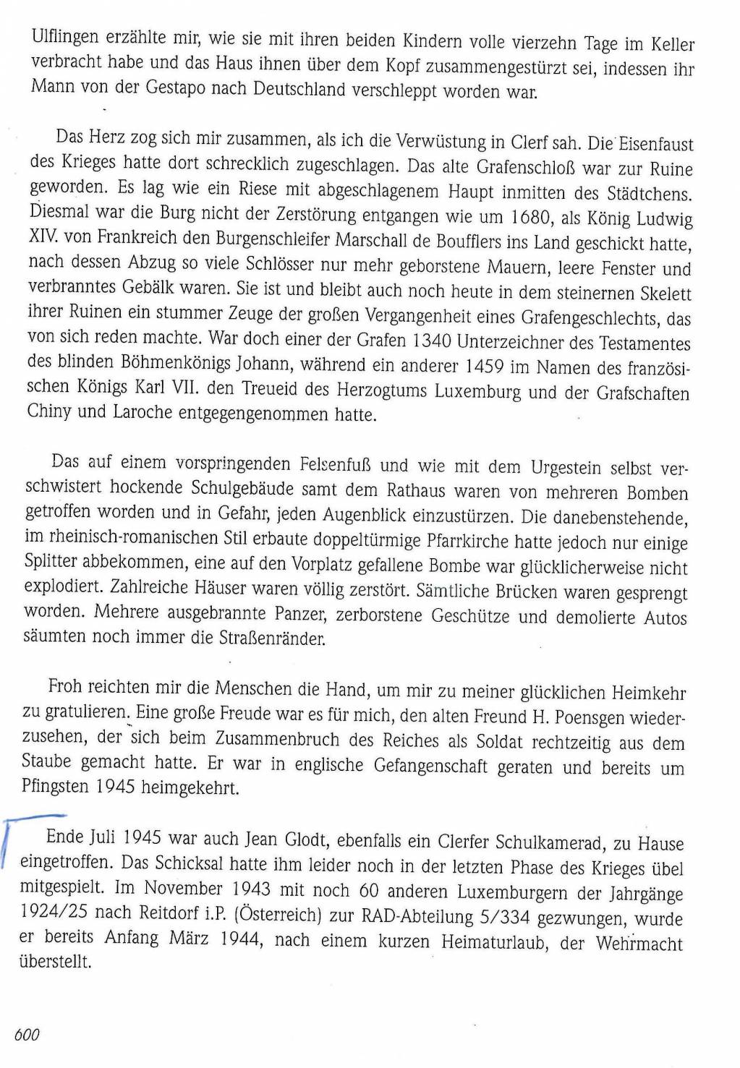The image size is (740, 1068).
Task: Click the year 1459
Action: click(484, 367)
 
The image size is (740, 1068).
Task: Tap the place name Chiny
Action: click(48, 412)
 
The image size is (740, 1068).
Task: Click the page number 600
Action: click(27, 1035)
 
